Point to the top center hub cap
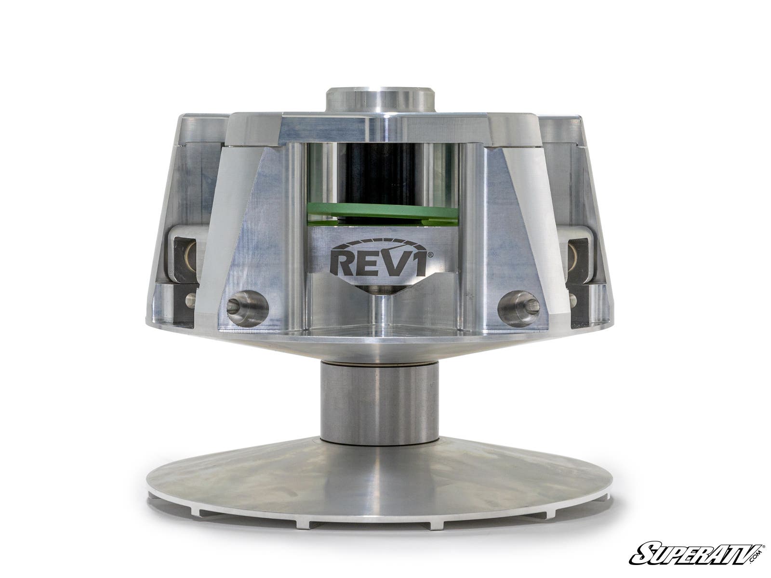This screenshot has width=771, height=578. click(381, 99)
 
